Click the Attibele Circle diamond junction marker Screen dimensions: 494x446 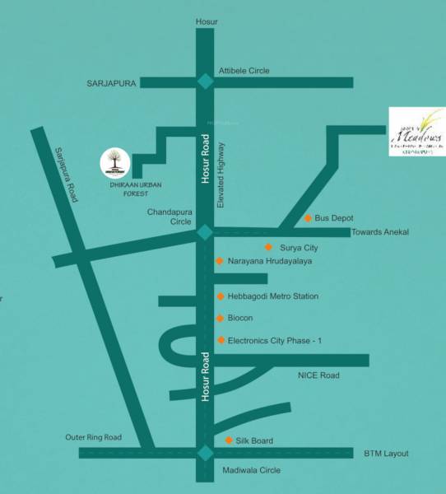[203, 82]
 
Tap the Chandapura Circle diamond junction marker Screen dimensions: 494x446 [203, 233]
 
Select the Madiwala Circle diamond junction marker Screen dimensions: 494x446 [203, 453]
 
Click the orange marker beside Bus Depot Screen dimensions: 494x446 [308, 218]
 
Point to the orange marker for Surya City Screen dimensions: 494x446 [268, 247]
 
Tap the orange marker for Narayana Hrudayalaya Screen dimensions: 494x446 [219, 261]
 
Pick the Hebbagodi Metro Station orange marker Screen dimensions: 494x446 [220, 296]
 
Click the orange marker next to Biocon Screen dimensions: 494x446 [220, 318]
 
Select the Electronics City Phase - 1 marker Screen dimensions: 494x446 [221, 340]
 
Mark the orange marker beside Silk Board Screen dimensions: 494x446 [229, 440]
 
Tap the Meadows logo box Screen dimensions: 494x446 [416, 133]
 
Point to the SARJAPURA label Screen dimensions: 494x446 [111, 83]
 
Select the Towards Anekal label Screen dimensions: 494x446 [379, 232]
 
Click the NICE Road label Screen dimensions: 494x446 [318, 375]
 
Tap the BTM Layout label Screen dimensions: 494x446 [386, 454]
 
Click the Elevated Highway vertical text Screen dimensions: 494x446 [221, 175]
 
